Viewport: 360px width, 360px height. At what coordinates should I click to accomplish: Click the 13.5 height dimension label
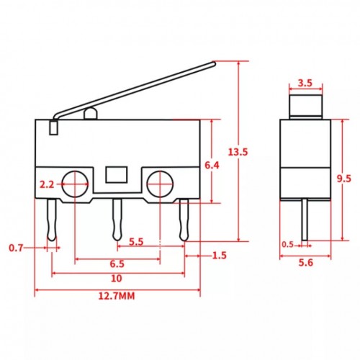coord(238,152)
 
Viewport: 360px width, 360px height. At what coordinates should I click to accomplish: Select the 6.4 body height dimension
coord(212,166)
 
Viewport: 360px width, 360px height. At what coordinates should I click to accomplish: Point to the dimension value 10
coord(116,278)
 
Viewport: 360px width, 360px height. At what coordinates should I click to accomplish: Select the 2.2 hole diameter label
coord(48,184)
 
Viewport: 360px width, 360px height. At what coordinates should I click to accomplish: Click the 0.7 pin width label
coord(16,248)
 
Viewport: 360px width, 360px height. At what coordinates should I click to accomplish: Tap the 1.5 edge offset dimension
coord(220,256)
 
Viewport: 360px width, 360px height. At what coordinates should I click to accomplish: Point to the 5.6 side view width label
coord(305,264)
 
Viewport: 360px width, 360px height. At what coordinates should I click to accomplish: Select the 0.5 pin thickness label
coord(288,244)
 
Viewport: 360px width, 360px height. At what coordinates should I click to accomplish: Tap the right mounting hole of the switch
coord(159,184)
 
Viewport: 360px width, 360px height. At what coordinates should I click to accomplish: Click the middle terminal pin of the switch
coord(116,220)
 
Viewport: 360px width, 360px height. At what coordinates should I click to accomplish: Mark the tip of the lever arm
coord(214,63)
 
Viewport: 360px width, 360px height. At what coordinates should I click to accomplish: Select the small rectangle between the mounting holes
coord(116,174)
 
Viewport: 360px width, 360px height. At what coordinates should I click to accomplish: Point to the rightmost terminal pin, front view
coord(184,220)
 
